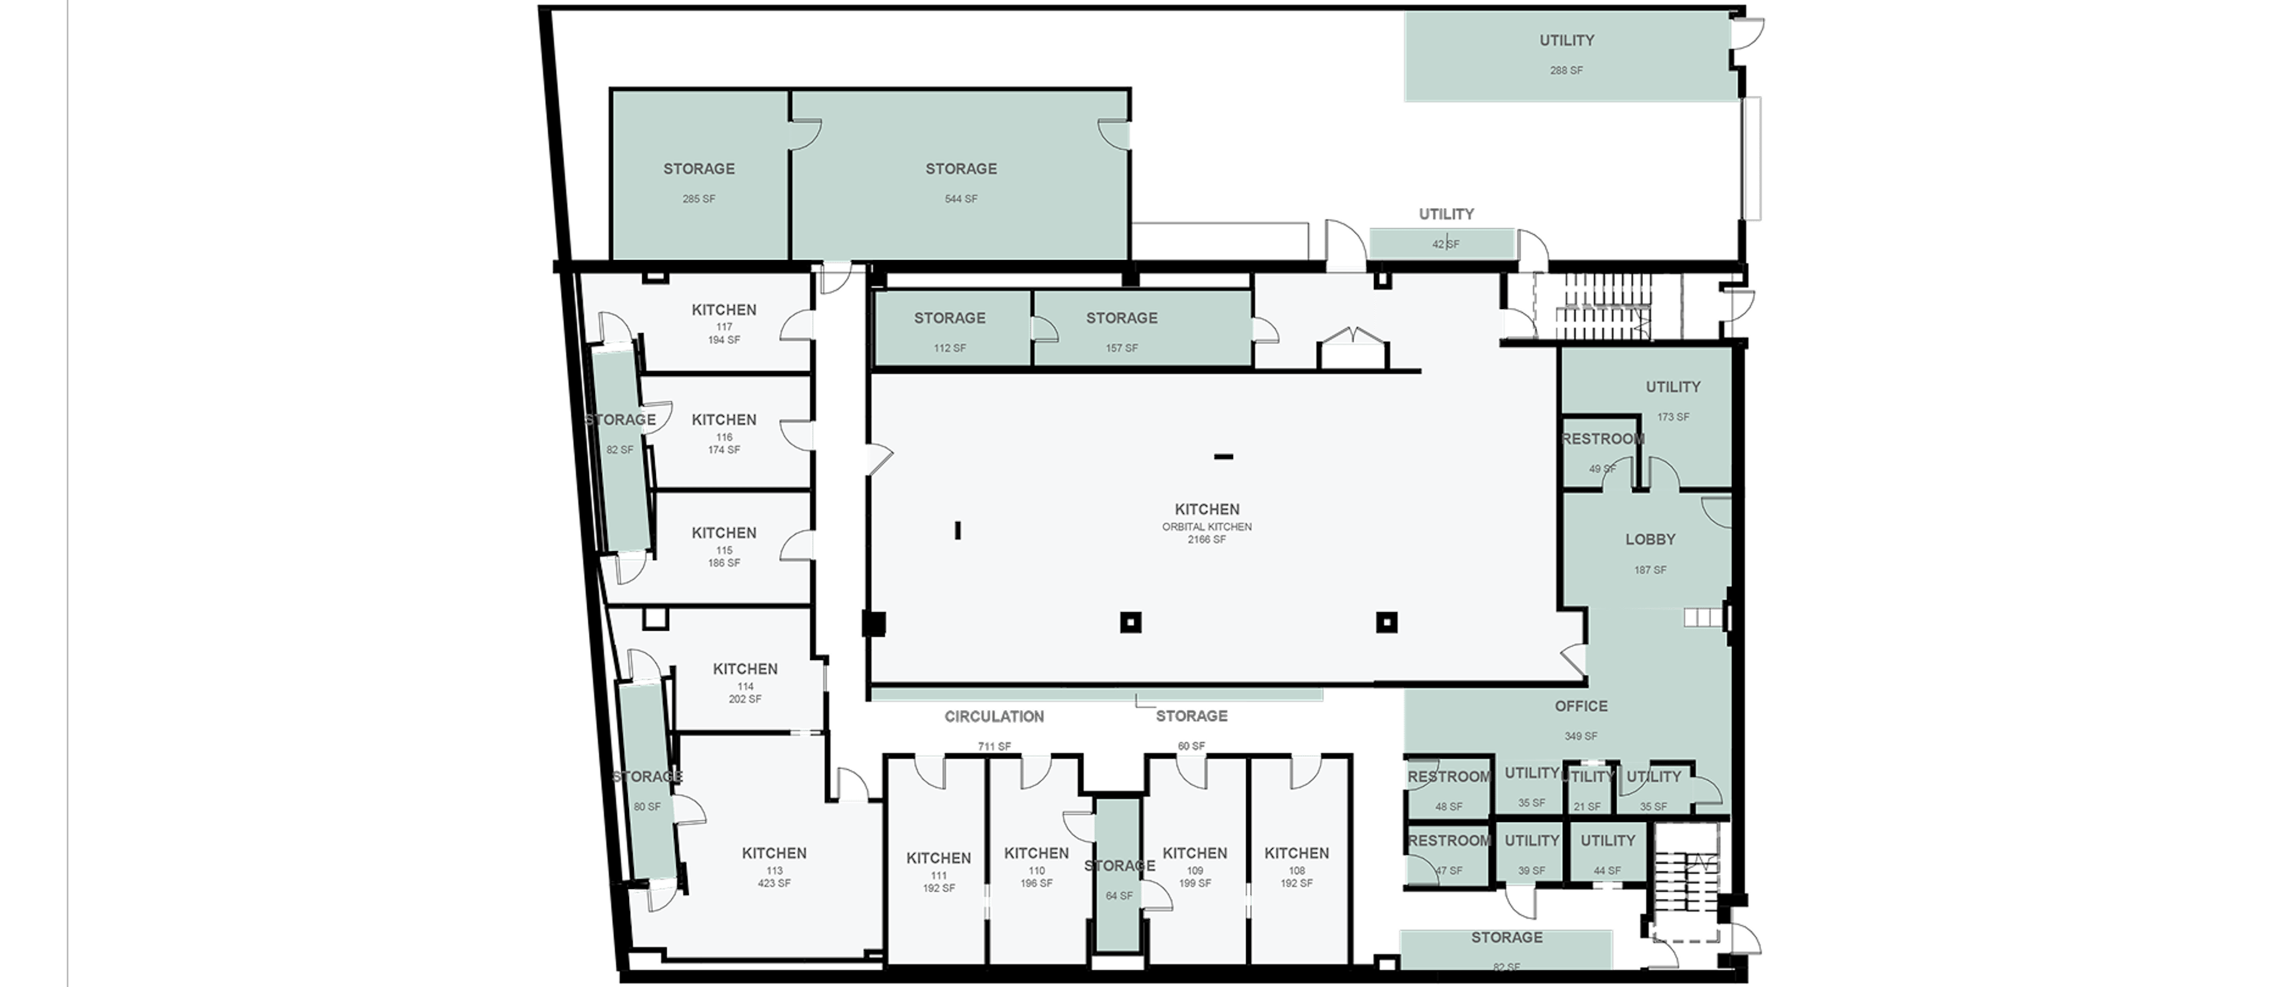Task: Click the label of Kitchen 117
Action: pos(724,311)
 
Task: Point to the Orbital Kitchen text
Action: pos(1207,527)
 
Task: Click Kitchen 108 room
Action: pos(1296,864)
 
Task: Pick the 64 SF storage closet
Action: pos(1118,878)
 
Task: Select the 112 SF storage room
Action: pos(949,329)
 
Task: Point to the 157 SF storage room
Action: pos(1121,329)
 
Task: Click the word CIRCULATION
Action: pos(995,716)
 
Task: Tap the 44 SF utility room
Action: pos(1608,853)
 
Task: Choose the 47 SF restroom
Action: pos(1448,853)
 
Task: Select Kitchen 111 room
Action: pos(939,869)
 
